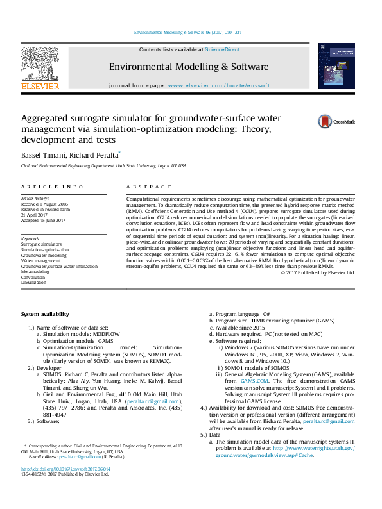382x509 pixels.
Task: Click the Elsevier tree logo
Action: [x=40, y=63]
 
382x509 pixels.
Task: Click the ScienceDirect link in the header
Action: [x=222, y=49]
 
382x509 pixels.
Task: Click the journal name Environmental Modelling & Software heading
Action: [x=188, y=67]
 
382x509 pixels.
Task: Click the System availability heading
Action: [x=45, y=315]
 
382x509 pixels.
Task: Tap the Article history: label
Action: [x=36, y=199]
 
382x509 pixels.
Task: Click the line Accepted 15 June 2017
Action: [x=44, y=219]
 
